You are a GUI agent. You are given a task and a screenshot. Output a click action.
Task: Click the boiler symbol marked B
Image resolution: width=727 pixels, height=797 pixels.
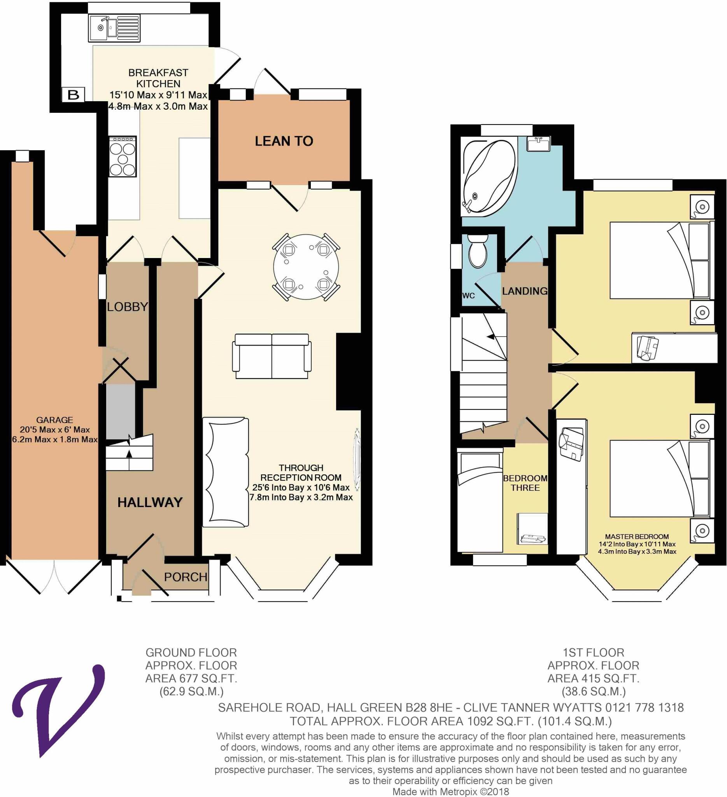[x=74, y=95]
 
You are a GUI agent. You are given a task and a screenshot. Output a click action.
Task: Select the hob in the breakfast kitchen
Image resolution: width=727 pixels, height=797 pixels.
[x=123, y=156]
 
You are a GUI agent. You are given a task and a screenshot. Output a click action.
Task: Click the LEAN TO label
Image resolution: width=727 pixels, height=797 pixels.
[x=284, y=141]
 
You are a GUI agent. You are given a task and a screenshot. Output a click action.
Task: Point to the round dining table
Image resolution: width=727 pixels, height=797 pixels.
[x=306, y=267]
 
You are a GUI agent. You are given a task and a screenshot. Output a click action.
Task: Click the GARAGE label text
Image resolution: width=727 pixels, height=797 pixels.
[x=54, y=420]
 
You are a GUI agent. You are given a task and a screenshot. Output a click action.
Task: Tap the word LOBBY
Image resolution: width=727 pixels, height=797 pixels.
[x=127, y=306]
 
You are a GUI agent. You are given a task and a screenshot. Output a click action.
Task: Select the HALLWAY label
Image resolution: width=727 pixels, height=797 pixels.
[x=150, y=502]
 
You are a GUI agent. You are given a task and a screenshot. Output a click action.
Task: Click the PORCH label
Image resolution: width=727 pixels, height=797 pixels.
[x=185, y=577]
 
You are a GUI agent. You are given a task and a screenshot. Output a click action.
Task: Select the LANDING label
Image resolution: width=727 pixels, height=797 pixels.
[x=524, y=291]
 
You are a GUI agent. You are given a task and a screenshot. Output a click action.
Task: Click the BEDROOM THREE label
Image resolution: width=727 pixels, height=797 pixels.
[x=525, y=483]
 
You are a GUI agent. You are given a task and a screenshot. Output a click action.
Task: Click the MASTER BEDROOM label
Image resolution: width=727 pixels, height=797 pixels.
[x=636, y=537]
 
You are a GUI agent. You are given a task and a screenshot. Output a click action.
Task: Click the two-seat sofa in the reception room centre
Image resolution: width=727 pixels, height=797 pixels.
[x=272, y=356]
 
